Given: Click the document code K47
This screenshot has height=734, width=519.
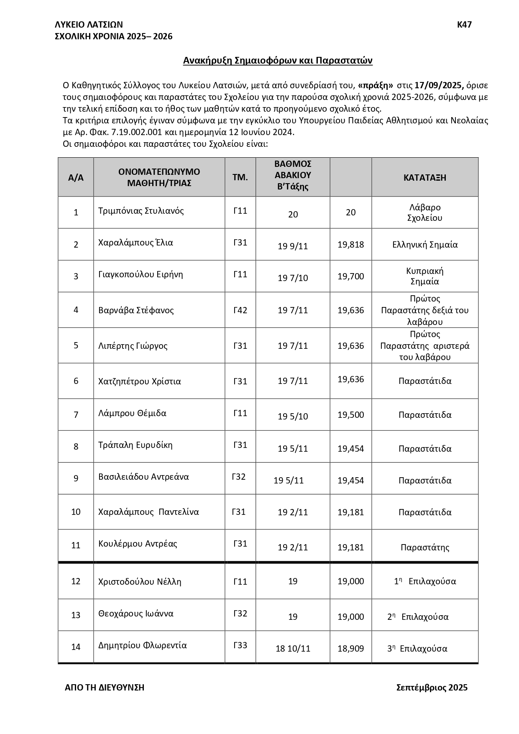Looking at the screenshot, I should tap(464, 25).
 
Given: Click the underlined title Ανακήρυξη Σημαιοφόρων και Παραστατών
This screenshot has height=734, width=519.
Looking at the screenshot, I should tap(278, 61).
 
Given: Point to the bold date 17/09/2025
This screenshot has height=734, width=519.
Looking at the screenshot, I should tap(439, 86).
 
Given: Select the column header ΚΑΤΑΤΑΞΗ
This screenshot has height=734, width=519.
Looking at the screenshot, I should tap(424, 177).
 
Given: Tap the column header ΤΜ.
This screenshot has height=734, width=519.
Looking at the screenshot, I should tap(240, 177).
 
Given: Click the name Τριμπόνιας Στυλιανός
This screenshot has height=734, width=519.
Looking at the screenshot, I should tap(141, 211).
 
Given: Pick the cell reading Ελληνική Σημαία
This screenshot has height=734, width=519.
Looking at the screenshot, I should tap(424, 245).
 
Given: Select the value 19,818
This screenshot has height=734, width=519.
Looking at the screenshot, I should tap(350, 245).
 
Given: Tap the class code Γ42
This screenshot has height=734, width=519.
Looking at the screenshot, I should tap(240, 310).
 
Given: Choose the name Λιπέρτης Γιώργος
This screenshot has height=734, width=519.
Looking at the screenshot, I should tap(133, 346).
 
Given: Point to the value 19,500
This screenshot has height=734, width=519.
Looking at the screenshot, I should tap(350, 415).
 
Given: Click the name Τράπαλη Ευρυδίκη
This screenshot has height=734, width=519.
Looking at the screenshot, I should tap(135, 445).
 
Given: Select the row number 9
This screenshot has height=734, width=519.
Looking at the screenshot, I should tap(76, 478).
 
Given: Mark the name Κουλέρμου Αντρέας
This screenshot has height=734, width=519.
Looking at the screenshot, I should tap(138, 544).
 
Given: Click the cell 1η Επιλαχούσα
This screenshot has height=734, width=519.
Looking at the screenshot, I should tap(424, 581).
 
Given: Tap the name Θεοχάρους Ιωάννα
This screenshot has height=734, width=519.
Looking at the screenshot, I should tap(136, 614).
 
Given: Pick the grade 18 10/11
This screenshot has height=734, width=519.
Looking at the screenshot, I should tap(293, 649).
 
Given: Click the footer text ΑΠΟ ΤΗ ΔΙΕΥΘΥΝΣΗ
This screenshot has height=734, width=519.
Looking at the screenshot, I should tap(105, 688).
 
